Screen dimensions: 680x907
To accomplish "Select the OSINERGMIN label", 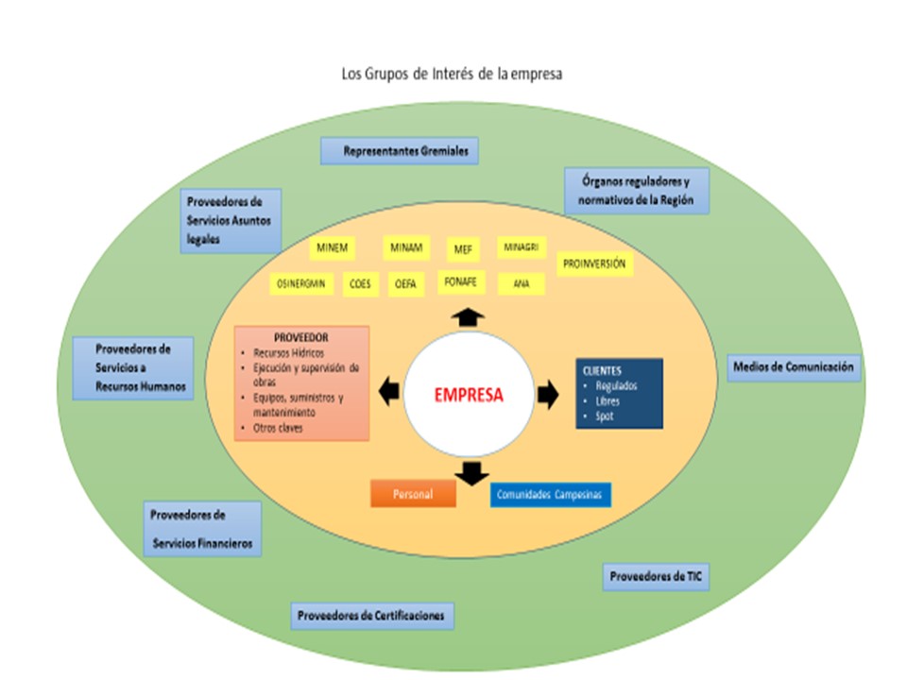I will [x=301, y=283].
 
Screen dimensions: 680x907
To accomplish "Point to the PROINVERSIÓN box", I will [x=594, y=265].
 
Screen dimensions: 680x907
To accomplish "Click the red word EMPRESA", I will [x=469, y=396].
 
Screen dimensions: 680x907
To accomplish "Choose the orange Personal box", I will [x=413, y=494].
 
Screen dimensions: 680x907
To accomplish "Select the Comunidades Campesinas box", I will [x=551, y=495].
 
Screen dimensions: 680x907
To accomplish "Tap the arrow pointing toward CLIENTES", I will [x=548, y=395].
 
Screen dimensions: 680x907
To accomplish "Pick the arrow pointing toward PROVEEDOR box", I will [x=388, y=389].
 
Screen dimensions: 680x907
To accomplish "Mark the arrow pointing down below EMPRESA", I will [x=469, y=471].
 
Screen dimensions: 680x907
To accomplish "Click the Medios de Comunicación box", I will [x=794, y=366].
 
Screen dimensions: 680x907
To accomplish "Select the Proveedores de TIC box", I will [x=656, y=576].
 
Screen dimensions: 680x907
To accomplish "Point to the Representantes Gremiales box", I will [x=400, y=151].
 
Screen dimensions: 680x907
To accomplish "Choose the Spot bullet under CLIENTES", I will [x=605, y=416].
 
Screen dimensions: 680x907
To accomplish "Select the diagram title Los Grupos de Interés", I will [x=452, y=74].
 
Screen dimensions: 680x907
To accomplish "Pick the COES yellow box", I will [x=359, y=283].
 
